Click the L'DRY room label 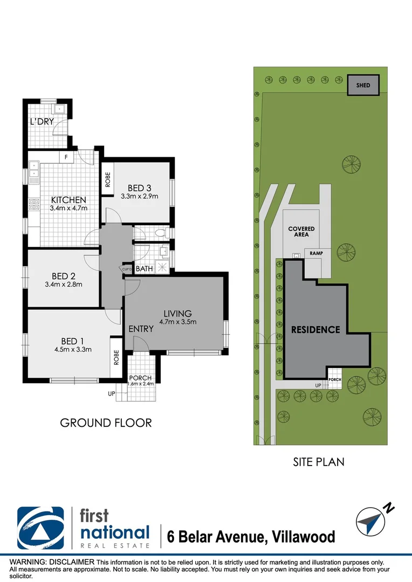[x=42, y=121]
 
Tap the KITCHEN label [x=68, y=200]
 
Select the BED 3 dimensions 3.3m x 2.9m [x=139, y=196]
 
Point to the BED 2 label [x=64, y=276]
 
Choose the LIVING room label [x=177, y=314]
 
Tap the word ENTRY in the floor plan [x=141, y=329]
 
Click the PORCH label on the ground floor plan [x=140, y=378]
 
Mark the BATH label [x=144, y=268]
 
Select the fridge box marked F [x=66, y=157]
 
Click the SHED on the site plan [x=363, y=85]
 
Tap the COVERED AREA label [x=301, y=232]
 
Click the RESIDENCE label [x=315, y=330]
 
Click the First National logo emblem [x=41, y=528]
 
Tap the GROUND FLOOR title [x=106, y=423]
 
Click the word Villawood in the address [x=304, y=537]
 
